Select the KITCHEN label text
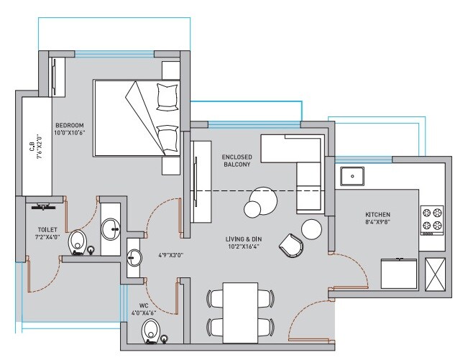(x=377, y=215)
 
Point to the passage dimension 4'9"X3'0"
(x=171, y=254)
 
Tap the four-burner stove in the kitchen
(x=431, y=221)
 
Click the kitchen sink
(x=354, y=175)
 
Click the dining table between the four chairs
(x=239, y=310)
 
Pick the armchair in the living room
(x=293, y=245)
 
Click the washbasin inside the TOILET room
(x=111, y=229)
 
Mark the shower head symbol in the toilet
(x=45, y=207)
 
